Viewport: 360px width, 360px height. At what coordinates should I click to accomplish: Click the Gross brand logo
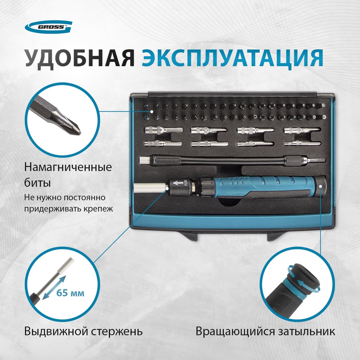[x=49, y=27]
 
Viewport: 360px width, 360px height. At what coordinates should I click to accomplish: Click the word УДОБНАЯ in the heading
[x=80, y=58]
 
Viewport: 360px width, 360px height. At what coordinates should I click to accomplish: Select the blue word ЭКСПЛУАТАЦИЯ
[x=232, y=58]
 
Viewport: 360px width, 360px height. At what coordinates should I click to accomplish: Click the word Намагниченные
[x=68, y=167]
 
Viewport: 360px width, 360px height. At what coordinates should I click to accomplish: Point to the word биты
[x=37, y=183]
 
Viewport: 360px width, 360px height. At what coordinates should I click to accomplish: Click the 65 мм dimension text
[x=70, y=293]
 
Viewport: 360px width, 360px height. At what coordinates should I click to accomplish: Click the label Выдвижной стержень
[x=84, y=332]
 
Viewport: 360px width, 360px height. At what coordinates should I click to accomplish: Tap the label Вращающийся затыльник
[x=265, y=332]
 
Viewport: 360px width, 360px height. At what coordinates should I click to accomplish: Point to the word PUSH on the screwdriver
[x=186, y=183]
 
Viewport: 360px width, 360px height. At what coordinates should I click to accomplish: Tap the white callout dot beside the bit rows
[x=152, y=112]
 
